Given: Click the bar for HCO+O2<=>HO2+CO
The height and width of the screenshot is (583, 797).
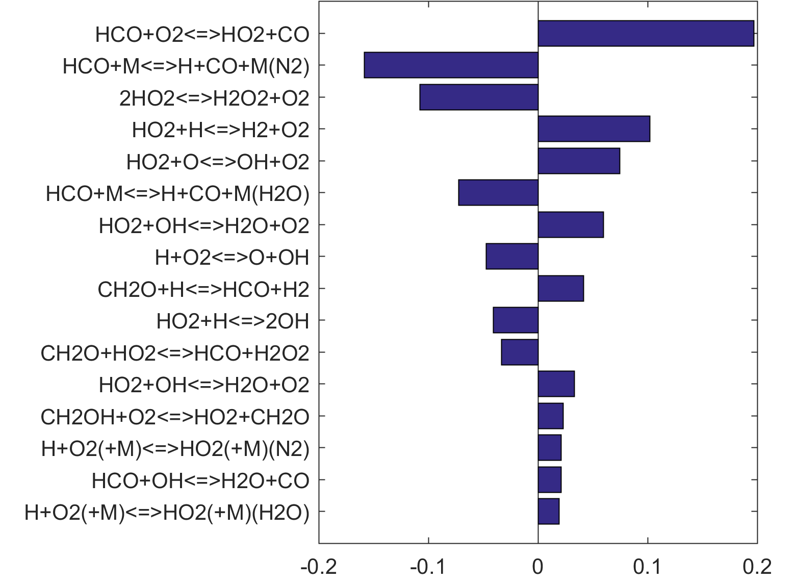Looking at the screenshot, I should (646, 34).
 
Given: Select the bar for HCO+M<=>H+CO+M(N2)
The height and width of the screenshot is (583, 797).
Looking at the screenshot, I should (451, 65).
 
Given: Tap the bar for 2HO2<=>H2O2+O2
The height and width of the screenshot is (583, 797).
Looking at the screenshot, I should (479, 97).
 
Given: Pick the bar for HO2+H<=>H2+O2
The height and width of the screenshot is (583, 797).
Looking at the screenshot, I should (594, 129).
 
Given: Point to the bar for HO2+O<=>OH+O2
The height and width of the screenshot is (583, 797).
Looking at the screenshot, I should (579, 161).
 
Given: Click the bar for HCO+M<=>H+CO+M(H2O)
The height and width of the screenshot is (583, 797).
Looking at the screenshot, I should (498, 193).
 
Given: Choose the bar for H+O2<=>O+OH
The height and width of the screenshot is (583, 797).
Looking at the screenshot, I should (512, 257).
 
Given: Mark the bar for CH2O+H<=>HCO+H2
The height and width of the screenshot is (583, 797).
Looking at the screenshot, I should (560, 289).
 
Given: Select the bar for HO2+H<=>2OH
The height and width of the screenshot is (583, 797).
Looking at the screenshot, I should (516, 320).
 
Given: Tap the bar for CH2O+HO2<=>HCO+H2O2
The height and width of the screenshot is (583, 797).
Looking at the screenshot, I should (520, 352).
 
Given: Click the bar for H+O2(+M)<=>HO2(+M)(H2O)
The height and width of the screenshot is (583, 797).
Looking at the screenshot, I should (549, 512).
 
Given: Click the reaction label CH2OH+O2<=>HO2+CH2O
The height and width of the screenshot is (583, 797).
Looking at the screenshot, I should (175, 417).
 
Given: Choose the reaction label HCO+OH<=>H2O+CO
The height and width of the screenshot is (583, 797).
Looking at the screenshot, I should (200, 480).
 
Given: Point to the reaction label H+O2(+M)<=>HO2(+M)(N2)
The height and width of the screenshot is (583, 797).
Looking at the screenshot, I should (175, 449).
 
